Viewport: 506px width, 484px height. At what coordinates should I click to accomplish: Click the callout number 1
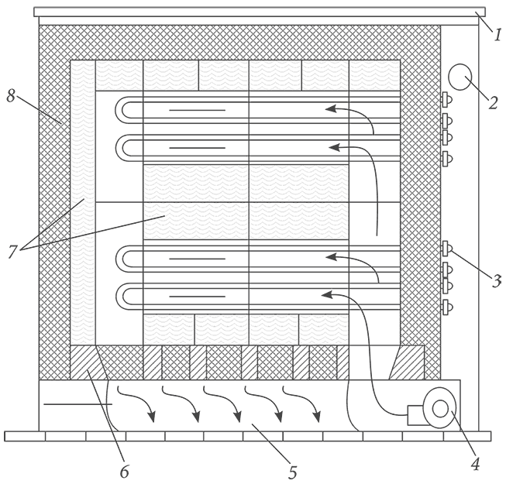tap(497, 34)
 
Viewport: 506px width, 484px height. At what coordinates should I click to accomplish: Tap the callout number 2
tap(493, 103)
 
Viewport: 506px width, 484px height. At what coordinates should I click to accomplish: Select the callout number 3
tap(497, 281)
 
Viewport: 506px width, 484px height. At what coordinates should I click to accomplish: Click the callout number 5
tap(292, 472)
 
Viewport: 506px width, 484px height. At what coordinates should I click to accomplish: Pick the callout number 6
tap(125, 472)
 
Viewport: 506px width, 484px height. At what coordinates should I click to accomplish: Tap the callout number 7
tap(12, 252)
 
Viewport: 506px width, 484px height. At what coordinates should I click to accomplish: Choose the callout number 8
tap(11, 96)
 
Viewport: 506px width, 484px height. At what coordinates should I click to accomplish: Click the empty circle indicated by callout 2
tap(460, 77)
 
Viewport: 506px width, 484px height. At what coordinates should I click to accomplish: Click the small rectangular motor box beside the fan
tap(416, 415)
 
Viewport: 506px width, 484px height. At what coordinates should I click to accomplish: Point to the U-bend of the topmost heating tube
tap(121, 110)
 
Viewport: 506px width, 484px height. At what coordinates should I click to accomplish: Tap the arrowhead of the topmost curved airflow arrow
tap(331, 108)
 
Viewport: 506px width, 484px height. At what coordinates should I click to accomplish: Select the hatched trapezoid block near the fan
tap(408, 362)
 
